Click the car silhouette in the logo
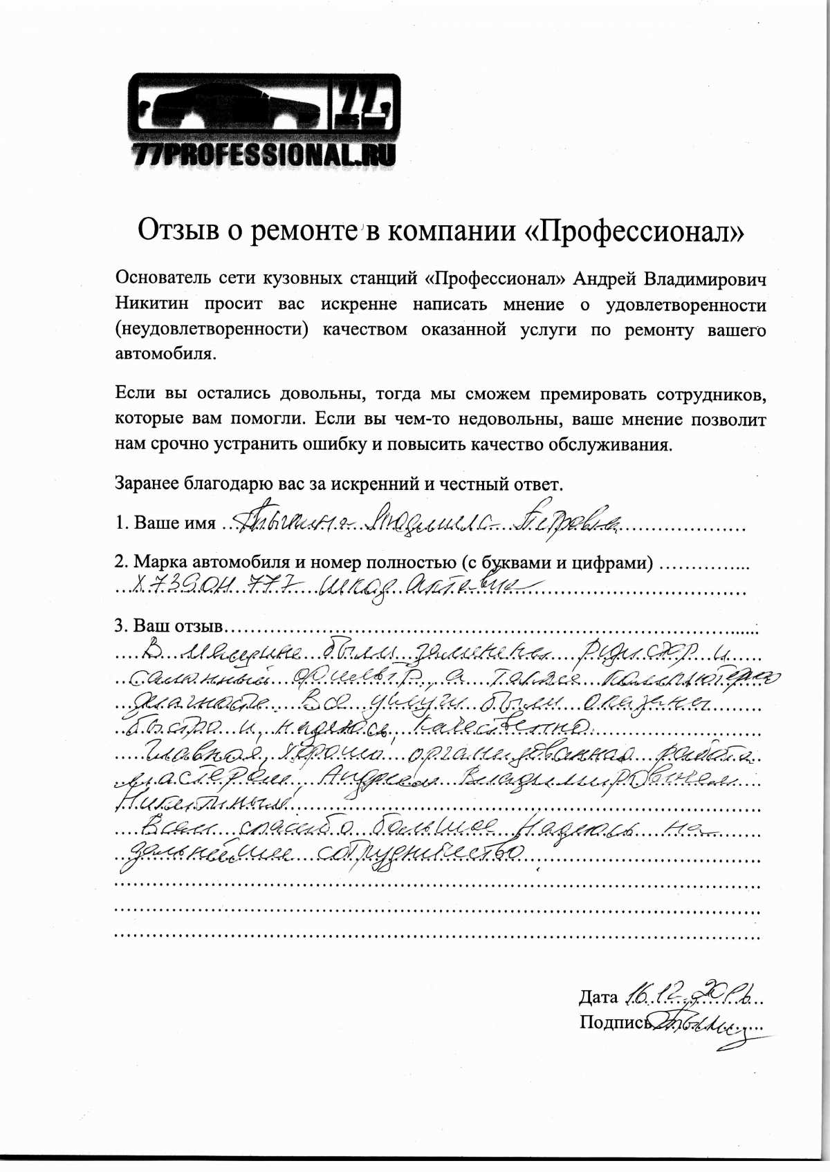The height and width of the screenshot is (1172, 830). (x=228, y=104)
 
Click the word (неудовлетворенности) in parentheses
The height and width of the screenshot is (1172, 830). (x=211, y=330)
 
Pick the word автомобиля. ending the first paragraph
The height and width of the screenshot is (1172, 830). (x=165, y=355)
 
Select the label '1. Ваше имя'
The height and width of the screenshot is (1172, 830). (x=165, y=523)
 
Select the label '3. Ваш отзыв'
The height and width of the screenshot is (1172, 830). (x=169, y=627)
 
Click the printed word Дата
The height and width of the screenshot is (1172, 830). (x=598, y=996)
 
